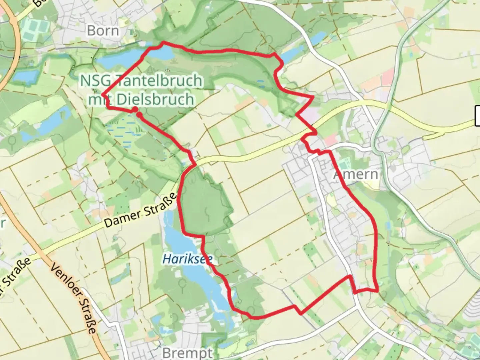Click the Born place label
[x=103, y=31]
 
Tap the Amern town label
[x=356, y=174]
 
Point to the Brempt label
[x=187, y=353]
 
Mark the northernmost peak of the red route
[x=163, y=42]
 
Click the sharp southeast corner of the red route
[x=378, y=291]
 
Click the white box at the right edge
[x=477, y=116]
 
